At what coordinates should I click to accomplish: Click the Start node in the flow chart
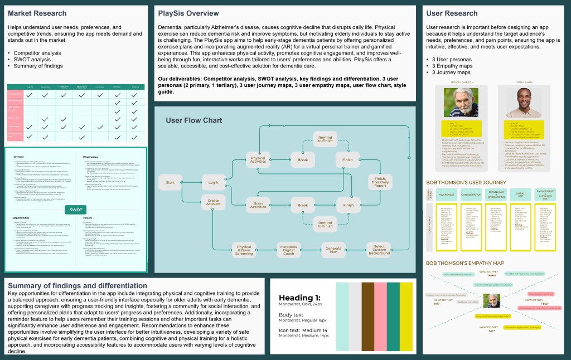point(171,182)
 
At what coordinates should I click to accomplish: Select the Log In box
point(214,182)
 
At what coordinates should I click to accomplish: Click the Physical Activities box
point(258,160)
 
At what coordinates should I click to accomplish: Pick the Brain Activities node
point(258,205)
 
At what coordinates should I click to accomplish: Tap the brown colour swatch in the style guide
point(368,317)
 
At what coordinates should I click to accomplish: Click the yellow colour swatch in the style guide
point(407,317)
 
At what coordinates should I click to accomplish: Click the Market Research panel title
point(37,13)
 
